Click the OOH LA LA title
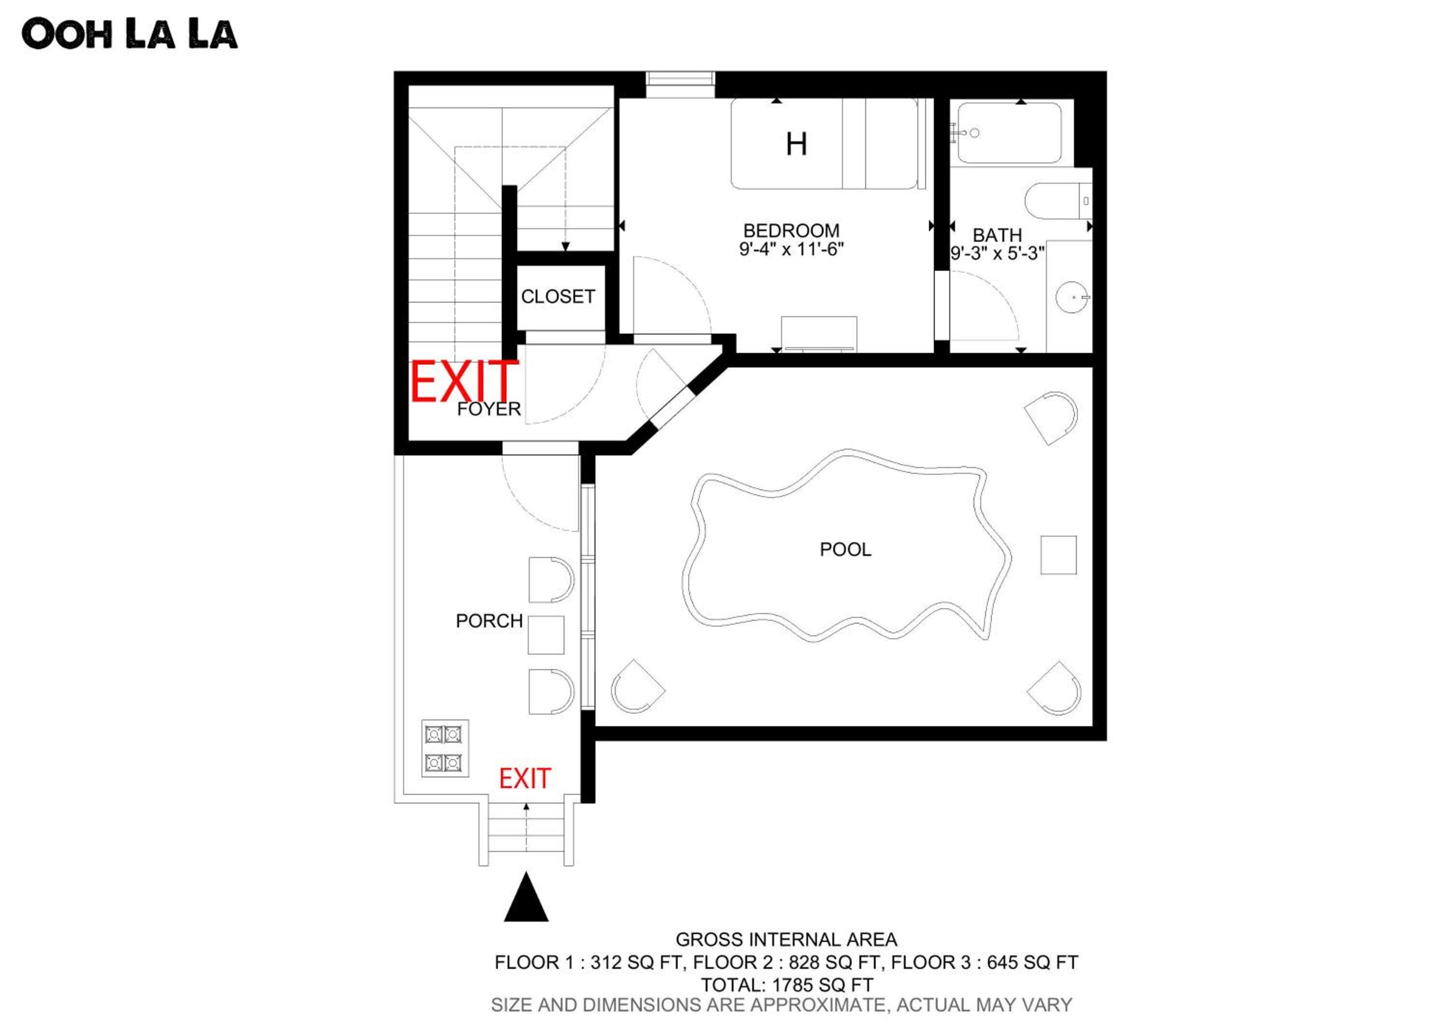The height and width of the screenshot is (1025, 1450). click(130, 34)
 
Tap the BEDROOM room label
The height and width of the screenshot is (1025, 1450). click(791, 231)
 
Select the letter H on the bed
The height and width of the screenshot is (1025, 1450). click(797, 144)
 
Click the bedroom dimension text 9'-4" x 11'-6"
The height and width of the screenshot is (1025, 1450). click(791, 249)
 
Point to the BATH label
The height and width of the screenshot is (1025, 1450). click(997, 235)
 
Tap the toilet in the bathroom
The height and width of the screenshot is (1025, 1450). click(1058, 201)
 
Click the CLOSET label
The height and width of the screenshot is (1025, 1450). click(558, 296)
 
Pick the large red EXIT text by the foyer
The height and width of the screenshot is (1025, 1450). click(464, 381)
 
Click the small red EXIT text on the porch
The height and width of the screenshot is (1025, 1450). click(525, 779)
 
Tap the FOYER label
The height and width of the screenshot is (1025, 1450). click(489, 409)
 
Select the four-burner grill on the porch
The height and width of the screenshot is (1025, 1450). click(445, 748)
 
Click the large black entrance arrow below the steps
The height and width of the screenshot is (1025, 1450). click(526, 897)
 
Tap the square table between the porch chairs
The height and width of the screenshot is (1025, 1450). click(546, 635)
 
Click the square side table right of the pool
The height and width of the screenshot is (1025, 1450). click(1058, 555)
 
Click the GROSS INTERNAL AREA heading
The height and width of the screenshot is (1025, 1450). click(786, 940)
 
